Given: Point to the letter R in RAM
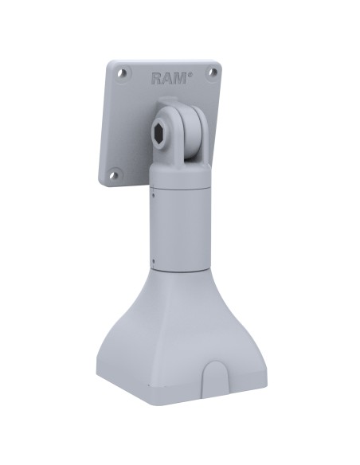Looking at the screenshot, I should coord(156,78).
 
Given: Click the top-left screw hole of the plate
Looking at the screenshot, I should coord(122,73).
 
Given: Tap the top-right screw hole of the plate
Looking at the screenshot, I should coord(213,72).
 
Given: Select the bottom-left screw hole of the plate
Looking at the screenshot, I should coord(114,172).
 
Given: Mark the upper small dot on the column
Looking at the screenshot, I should coord(152,191).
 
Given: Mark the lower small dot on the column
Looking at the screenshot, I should coord(151,260).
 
